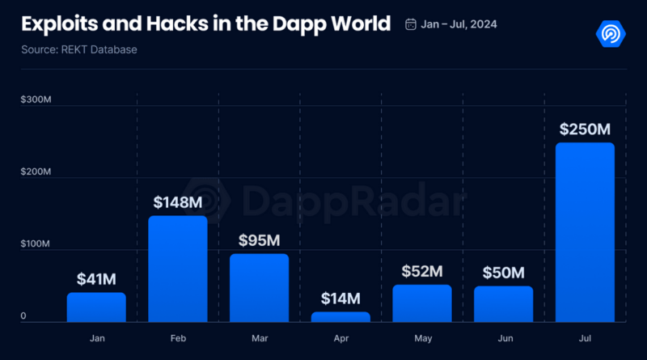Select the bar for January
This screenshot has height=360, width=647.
[x=96, y=307]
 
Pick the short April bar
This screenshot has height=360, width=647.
[x=340, y=316]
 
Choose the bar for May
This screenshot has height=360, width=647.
[x=421, y=303]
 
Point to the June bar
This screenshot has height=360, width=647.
[x=503, y=303]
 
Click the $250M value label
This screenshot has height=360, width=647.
[x=585, y=129]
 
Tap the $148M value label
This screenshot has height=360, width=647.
[x=178, y=202]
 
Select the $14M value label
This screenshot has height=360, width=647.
[x=340, y=299]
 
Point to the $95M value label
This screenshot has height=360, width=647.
[x=259, y=240]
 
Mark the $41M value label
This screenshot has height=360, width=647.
[x=96, y=279]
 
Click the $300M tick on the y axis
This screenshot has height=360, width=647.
[x=36, y=100]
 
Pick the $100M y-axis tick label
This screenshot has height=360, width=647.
[x=36, y=244]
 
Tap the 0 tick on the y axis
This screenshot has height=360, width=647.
[x=23, y=316]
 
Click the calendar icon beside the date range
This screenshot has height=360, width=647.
[x=411, y=23]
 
